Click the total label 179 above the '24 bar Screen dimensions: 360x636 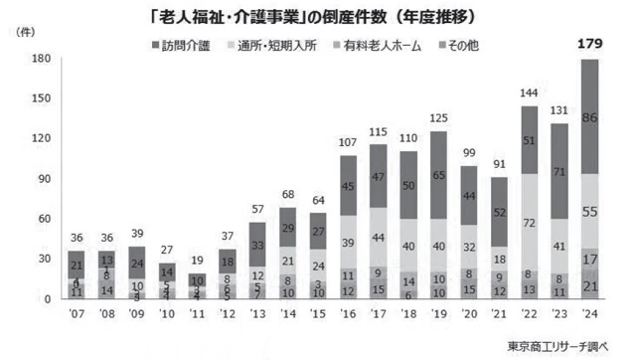coord(589,42)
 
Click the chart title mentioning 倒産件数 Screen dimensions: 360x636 coord(318,15)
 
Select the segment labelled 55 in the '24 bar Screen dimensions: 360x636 coord(589,211)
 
